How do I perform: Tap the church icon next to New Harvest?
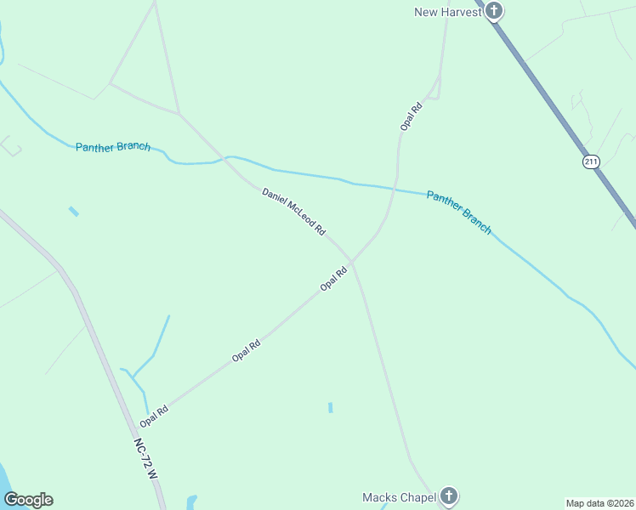coord(494,11)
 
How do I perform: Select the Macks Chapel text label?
coord(399,497)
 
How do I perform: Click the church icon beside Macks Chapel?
coord(449,496)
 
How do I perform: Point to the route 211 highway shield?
coord(591,161)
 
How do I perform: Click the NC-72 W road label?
coord(146,460)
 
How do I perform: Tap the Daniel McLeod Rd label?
coord(294,212)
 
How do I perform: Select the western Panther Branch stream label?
coord(113,146)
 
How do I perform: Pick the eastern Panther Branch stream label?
coord(459,212)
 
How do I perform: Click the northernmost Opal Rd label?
coord(412,116)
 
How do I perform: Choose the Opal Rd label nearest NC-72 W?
coord(154,416)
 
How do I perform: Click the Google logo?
coord(28,500)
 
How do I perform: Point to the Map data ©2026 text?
coord(599,502)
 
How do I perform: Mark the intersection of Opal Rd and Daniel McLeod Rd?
coord(351,261)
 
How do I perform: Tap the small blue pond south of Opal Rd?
coord(330,407)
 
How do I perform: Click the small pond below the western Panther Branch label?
coord(74,211)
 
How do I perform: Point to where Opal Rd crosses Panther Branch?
coord(395,187)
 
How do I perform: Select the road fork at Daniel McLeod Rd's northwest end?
coord(179,114)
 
